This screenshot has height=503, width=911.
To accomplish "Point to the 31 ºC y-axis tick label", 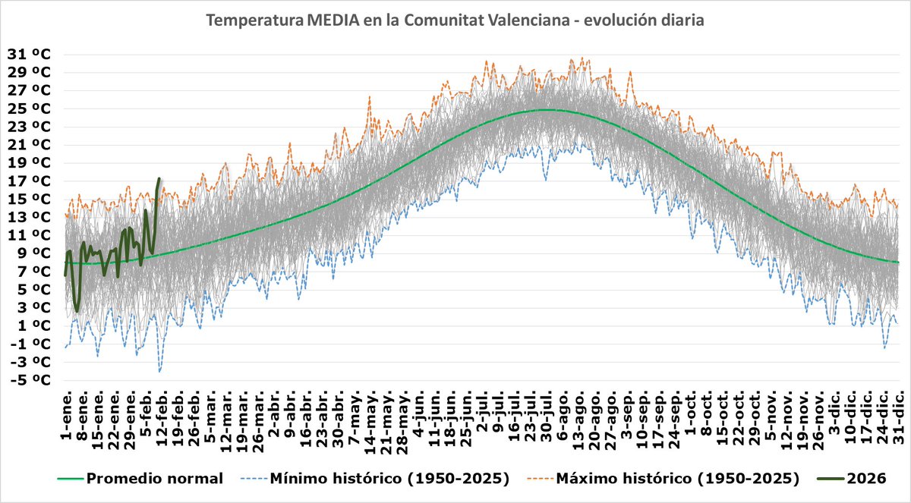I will tap(30, 54).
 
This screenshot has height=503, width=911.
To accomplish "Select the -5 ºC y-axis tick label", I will tap(30, 379).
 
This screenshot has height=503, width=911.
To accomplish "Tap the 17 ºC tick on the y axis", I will tap(30, 181).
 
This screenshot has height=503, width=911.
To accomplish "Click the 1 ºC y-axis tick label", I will tap(30, 325).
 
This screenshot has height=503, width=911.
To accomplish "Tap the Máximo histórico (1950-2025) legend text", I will tap(678, 479).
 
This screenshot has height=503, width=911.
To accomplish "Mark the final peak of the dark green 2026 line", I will tap(159, 178).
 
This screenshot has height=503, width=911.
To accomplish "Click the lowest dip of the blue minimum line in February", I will tap(159, 371).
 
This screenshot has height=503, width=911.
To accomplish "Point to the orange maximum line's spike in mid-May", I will tap(370, 96).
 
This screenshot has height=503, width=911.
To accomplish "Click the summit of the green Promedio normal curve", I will tap(545, 110).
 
